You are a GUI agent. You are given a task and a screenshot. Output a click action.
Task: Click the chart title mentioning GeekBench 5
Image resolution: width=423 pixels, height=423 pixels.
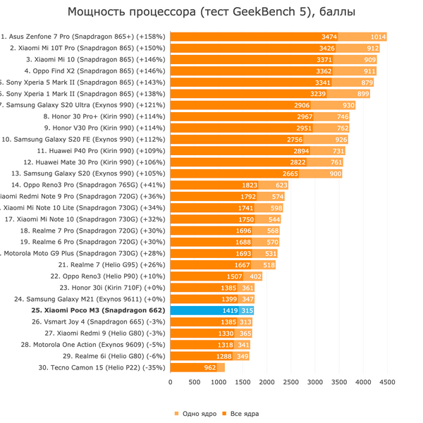(x=211, y=12)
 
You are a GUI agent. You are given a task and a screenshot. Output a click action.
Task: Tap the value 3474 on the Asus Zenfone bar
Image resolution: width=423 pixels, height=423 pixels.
(x=329, y=37)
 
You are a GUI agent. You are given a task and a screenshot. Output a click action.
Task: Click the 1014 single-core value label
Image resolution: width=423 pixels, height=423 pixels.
(x=378, y=37)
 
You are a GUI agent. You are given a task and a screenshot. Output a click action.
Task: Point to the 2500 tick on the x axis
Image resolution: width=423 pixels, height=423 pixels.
(x=290, y=382)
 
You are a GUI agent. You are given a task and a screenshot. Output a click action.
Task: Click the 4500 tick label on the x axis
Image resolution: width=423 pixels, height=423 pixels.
(x=387, y=382)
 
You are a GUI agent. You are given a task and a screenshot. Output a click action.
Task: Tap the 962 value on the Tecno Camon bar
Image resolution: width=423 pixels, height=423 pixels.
(x=209, y=367)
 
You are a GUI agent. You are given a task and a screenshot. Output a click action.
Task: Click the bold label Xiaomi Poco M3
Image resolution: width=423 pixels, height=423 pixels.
(x=98, y=310)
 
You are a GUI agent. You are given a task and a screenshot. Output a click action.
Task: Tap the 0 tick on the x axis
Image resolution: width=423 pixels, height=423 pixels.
(x=170, y=382)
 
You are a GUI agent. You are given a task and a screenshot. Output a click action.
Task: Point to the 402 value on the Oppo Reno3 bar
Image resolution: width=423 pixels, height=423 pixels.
(x=255, y=276)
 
